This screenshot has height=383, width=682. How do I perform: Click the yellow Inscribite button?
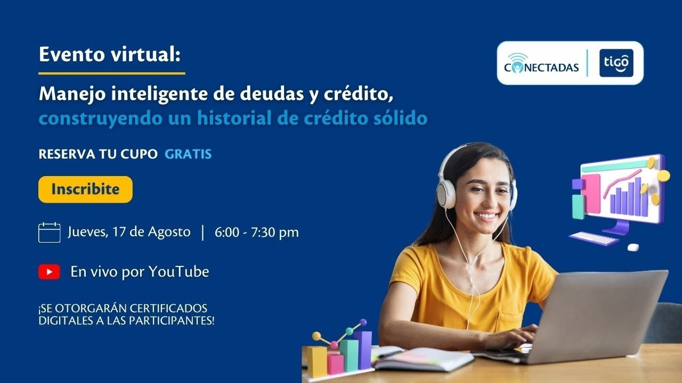click(x=85, y=189)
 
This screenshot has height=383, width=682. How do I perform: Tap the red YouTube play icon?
click(x=49, y=272)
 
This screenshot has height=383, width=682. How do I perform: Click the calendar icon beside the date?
click(x=49, y=232)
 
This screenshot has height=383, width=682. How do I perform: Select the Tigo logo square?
click(x=616, y=63)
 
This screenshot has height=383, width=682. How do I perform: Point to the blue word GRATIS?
click(x=188, y=154)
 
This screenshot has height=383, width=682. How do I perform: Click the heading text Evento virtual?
click(x=110, y=54)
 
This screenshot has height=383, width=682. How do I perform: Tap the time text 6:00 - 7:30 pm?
click(x=257, y=232)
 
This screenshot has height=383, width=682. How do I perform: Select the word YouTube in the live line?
click(x=178, y=272)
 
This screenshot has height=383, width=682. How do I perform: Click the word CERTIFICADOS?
click(x=168, y=309)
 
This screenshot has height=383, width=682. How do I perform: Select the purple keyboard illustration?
click(x=594, y=238)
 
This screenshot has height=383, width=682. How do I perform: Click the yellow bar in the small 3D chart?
click(x=316, y=362)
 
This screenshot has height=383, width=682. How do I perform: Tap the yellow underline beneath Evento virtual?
click(x=112, y=73)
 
